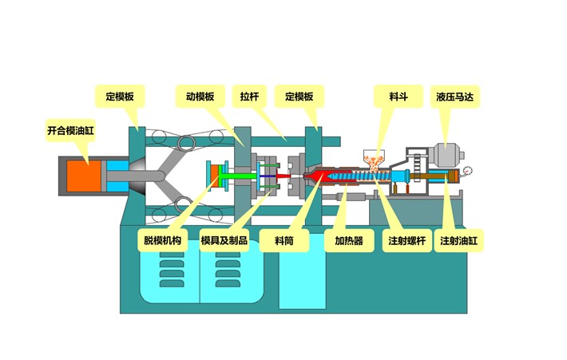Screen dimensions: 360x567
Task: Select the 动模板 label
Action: [195, 97]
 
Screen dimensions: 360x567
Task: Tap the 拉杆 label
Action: [249, 97]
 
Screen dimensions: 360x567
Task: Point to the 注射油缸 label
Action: [460, 240]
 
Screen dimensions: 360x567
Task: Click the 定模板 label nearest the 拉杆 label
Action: [299, 97]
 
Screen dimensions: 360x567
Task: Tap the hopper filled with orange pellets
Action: [371, 157]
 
